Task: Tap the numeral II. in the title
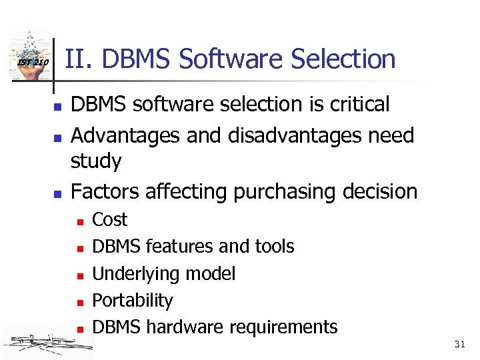coord(77,59)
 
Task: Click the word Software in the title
coord(225,59)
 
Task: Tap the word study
coord(96,162)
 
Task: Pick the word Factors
coord(105,191)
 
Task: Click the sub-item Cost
coord(109,220)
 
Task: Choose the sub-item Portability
coord(132,301)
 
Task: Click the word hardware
coord(185,327)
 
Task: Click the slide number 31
coord(459,344)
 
